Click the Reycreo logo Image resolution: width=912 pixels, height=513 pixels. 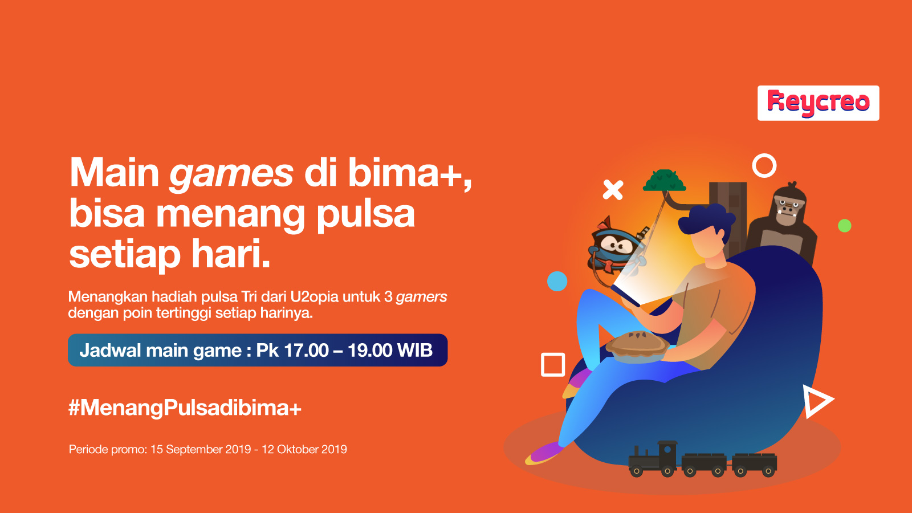point(818,103)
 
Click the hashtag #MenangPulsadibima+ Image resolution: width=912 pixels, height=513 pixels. point(185,408)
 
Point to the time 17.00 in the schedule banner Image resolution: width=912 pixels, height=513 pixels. point(306,350)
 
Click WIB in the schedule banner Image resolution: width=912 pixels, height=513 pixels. point(415,350)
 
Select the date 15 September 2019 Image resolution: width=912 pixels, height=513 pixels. point(201,450)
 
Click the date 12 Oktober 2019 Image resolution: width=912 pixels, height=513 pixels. point(304,450)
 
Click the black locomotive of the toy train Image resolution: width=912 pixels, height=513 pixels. point(653,459)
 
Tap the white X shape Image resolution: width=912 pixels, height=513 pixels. point(613,190)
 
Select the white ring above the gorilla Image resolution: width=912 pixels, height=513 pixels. point(764,154)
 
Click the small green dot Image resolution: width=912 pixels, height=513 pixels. point(844,226)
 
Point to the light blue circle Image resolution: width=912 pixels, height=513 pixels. point(557,282)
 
